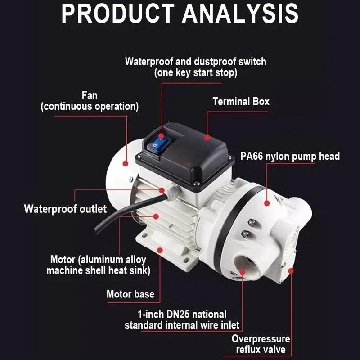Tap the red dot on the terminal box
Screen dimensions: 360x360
pos(207,138)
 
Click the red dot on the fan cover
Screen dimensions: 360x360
pos(126,164)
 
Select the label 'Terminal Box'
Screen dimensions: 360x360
pos(241,102)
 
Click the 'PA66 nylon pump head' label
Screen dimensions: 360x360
pos(290,156)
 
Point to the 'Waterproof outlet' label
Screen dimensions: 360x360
pos(65,209)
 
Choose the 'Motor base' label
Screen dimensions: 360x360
pos(130,294)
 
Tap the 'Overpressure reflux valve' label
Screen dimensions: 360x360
pos(261,344)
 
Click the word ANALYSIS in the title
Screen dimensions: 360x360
pos(240,13)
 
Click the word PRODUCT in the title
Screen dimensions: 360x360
pos(118,13)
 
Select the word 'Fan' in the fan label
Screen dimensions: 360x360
pos(90,95)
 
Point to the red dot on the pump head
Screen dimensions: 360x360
pos(267,203)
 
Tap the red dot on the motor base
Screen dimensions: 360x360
pos(160,250)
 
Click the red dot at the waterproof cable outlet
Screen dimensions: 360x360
pos(162,190)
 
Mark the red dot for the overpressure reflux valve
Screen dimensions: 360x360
pos(291,271)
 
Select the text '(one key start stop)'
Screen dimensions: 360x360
pos(196,73)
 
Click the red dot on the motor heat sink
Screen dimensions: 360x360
pos(156,216)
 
